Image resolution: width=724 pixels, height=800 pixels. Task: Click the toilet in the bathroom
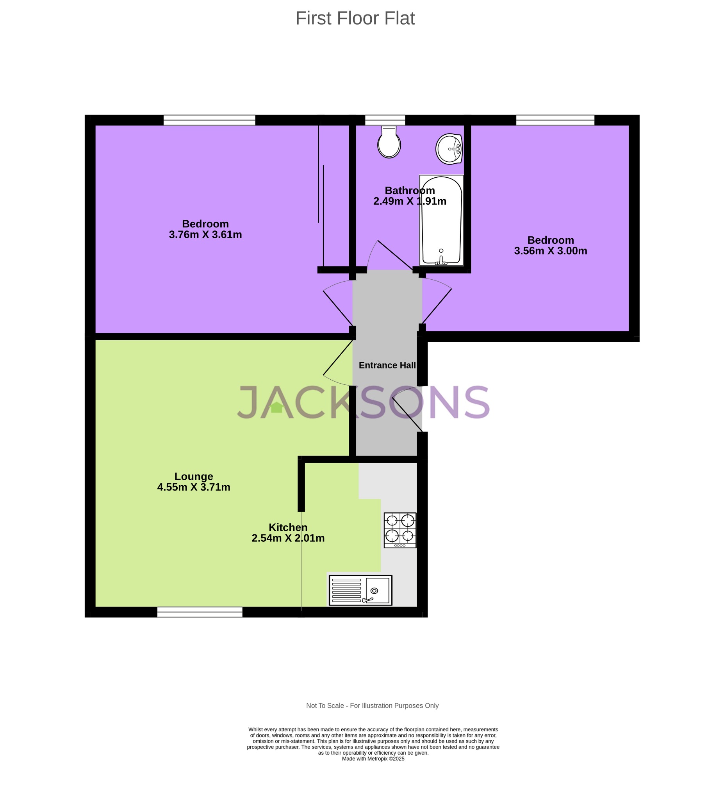389,142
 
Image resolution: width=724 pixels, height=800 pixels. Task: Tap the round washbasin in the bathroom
449,149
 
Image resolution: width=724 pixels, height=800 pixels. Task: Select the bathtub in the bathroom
441,220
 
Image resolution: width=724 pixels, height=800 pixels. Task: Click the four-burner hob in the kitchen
400,530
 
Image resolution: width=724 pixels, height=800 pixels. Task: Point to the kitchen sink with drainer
360,590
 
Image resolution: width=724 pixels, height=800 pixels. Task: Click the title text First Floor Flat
355,18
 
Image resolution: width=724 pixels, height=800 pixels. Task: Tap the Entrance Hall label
387,366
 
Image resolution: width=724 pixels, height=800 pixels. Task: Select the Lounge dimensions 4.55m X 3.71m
194,487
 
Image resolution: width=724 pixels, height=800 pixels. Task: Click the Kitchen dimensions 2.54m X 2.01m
288,539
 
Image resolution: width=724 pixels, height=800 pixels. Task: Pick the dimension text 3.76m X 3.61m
205,235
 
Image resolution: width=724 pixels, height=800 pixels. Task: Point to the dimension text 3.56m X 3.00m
551,251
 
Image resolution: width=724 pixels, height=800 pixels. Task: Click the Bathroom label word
410,191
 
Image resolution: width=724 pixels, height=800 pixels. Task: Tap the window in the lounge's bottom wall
200,612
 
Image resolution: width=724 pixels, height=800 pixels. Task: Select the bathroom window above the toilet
385,120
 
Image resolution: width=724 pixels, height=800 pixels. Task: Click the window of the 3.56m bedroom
555,120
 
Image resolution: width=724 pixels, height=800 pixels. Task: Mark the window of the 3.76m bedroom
209,120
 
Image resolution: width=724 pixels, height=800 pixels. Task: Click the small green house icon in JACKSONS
276,407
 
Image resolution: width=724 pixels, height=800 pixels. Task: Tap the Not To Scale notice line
372,705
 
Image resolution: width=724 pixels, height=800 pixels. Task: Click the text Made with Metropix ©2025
373,759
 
